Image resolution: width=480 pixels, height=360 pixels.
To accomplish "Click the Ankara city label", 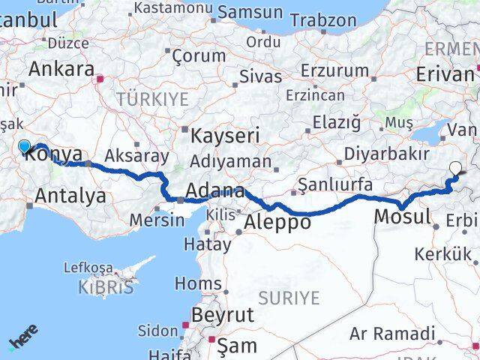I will point(59,69).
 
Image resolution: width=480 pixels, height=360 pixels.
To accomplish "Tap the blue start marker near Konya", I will point(24,146).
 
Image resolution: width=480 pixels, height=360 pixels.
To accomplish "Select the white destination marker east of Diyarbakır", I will point(455,169).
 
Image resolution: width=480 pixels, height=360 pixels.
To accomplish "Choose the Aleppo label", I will point(278,223).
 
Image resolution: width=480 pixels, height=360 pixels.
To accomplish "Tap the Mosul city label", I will point(401,217).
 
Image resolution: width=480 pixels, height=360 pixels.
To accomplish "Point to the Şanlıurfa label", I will point(334,184).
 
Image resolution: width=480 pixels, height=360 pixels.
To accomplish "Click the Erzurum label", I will point(335,70).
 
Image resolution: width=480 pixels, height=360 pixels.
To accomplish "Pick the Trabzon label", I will point(323,20).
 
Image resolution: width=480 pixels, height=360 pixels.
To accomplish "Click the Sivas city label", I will point(260,76).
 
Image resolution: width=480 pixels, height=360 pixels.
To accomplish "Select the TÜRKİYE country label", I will point(152,98).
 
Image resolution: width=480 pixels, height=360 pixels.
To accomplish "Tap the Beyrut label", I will point(223,314).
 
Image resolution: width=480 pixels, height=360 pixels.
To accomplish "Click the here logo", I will point(23,337).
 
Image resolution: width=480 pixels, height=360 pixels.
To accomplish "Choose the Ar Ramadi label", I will point(391,334).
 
